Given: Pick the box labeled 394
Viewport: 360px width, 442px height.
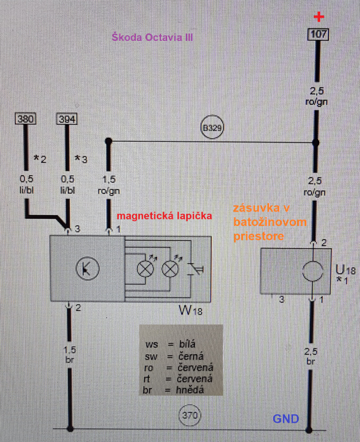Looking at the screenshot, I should (x=67, y=119).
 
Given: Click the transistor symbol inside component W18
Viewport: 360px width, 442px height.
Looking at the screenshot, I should (x=87, y=269).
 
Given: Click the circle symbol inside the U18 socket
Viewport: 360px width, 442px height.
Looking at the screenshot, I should (x=313, y=272).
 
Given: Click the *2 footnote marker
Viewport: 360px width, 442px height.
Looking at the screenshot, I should (x=40, y=160).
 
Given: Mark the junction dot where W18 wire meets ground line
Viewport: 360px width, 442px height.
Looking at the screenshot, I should (x=70, y=428).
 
